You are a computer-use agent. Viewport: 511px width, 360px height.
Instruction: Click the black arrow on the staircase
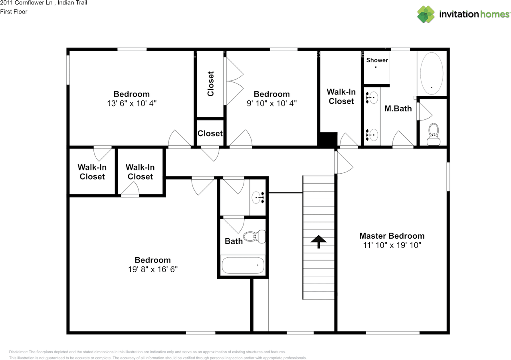pyautogui.click(x=319, y=241)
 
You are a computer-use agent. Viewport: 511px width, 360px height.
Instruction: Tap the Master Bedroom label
pyautogui.click(x=392, y=235)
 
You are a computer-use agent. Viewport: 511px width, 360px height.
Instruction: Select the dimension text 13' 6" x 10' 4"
pyautogui.click(x=132, y=103)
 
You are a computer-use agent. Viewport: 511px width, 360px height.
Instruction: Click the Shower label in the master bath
pyautogui.click(x=377, y=60)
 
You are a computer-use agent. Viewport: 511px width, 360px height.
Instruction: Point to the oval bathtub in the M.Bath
pyautogui.click(x=432, y=73)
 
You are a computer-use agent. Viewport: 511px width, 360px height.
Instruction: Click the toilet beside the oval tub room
pyautogui.click(x=434, y=134)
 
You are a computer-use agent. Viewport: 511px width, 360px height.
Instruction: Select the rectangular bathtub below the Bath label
pyautogui.click(x=243, y=265)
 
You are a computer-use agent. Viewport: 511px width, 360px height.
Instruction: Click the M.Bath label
pyautogui.click(x=398, y=109)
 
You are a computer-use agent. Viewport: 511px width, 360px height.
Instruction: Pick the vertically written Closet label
pyautogui.click(x=210, y=84)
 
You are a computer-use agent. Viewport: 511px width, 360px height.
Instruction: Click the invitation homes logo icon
pyautogui.click(x=426, y=14)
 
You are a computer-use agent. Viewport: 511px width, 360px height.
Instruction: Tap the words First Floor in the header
pyautogui.click(x=14, y=12)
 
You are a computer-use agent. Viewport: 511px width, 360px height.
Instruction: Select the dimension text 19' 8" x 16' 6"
pyautogui.click(x=153, y=269)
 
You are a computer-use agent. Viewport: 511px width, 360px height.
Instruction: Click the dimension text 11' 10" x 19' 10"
pyautogui.click(x=392, y=245)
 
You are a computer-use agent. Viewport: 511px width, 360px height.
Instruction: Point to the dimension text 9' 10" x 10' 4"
pyautogui.click(x=271, y=103)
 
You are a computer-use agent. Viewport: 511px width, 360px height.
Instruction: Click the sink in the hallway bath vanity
pyautogui.click(x=258, y=197)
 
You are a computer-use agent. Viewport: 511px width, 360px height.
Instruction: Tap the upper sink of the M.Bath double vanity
pyautogui.click(x=372, y=98)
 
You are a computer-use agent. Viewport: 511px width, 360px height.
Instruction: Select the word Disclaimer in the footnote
pyautogui.click(x=18, y=352)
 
